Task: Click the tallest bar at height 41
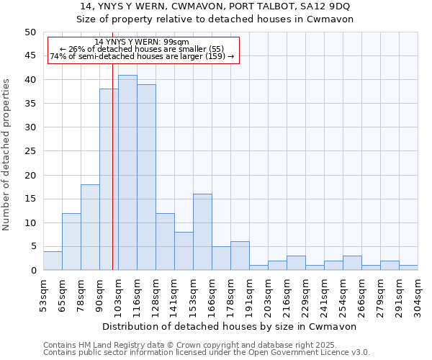click(x=127, y=173)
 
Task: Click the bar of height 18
click(x=90, y=228)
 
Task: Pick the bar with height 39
click(x=146, y=177)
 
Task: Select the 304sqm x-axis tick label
click(x=418, y=293)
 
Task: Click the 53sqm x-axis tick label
click(x=43, y=292)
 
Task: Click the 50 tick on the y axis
click(x=30, y=32)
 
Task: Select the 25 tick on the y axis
click(x=30, y=151)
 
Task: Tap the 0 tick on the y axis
click(x=32, y=271)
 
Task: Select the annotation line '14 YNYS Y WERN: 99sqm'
click(x=142, y=42)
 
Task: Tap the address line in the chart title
click(x=215, y=6)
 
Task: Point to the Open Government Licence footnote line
click(x=207, y=353)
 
